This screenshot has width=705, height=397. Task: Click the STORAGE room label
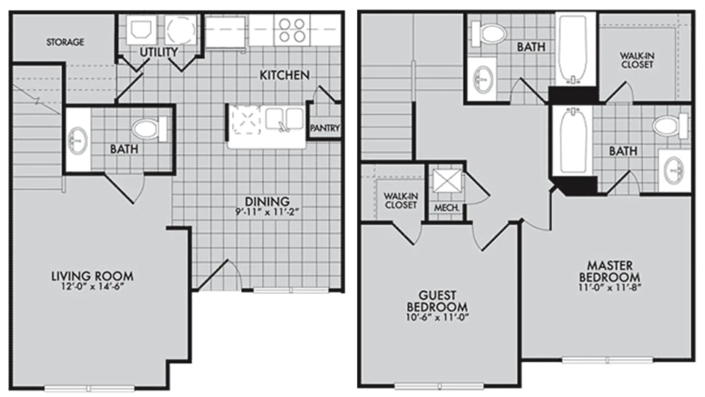pyautogui.click(x=65, y=42)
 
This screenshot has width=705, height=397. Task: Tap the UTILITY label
pyautogui.click(x=159, y=52)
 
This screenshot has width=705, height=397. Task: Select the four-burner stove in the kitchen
pyautogui.click(x=292, y=30)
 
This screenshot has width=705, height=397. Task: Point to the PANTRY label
pyautogui.click(x=325, y=128)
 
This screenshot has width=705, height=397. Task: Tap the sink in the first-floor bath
pyautogui.click(x=78, y=140)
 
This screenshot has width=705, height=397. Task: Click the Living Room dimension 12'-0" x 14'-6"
pyautogui.click(x=92, y=286)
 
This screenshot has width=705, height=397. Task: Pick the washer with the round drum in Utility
pyautogui.click(x=181, y=30)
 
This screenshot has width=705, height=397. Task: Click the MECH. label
pyautogui.click(x=447, y=208)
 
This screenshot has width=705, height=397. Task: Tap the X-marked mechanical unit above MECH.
pyautogui.click(x=447, y=181)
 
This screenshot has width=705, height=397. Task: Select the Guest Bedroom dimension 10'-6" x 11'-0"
pyautogui.click(x=437, y=317)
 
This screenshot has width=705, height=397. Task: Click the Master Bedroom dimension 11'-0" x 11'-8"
pyautogui.click(x=610, y=287)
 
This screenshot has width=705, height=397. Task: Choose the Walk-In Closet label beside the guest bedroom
pyautogui.click(x=401, y=200)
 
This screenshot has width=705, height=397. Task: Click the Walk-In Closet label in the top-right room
pyautogui.click(x=637, y=60)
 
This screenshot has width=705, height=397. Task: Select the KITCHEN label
pyautogui.click(x=285, y=75)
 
